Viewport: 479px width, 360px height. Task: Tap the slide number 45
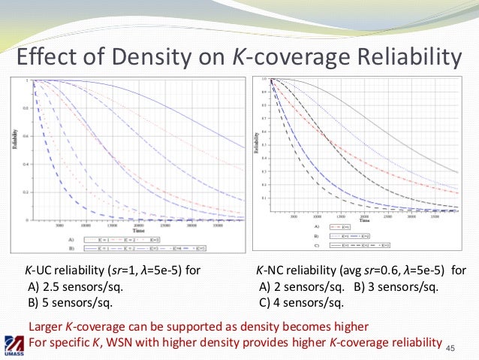click(x=450, y=347)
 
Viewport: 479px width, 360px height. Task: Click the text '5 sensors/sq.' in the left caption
click(x=76, y=303)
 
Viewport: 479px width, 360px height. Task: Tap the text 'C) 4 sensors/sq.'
click(x=301, y=303)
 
